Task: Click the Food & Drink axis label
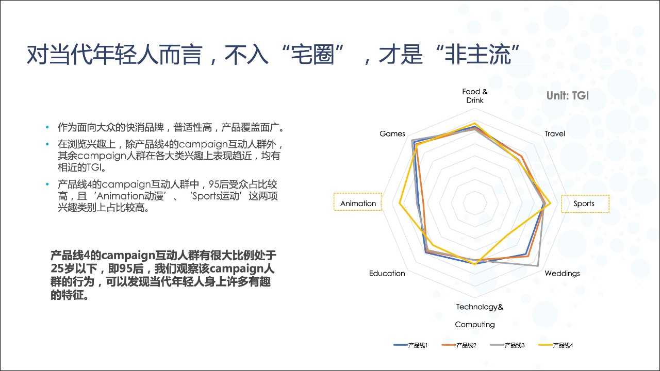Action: [x=475, y=96]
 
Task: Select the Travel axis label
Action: [x=554, y=133]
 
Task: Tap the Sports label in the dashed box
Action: [x=584, y=204]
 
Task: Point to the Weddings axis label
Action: [x=562, y=273]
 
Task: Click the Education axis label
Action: [x=387, y=273]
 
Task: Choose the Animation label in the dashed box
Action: [x=358, y=204]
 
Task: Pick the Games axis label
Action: [x=392, y=133]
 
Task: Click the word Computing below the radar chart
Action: [x=475, y=325]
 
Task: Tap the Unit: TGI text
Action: [x=568, y=96]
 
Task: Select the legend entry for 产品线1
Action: [x=410, y=345]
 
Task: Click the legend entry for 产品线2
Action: [x=459, y=345]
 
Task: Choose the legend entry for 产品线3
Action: [x=507, y=345]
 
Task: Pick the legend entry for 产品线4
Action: [x=556, y=345]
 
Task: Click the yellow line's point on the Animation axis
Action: [x=400, y=203]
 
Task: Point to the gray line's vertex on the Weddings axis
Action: [x=538, y=266]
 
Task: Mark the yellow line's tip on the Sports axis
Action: [x=550, y=203]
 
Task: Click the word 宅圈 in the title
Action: [x=312, y=55]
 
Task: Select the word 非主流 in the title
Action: [x=477, y=55]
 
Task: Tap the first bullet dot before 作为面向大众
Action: [x=47, y=127]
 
